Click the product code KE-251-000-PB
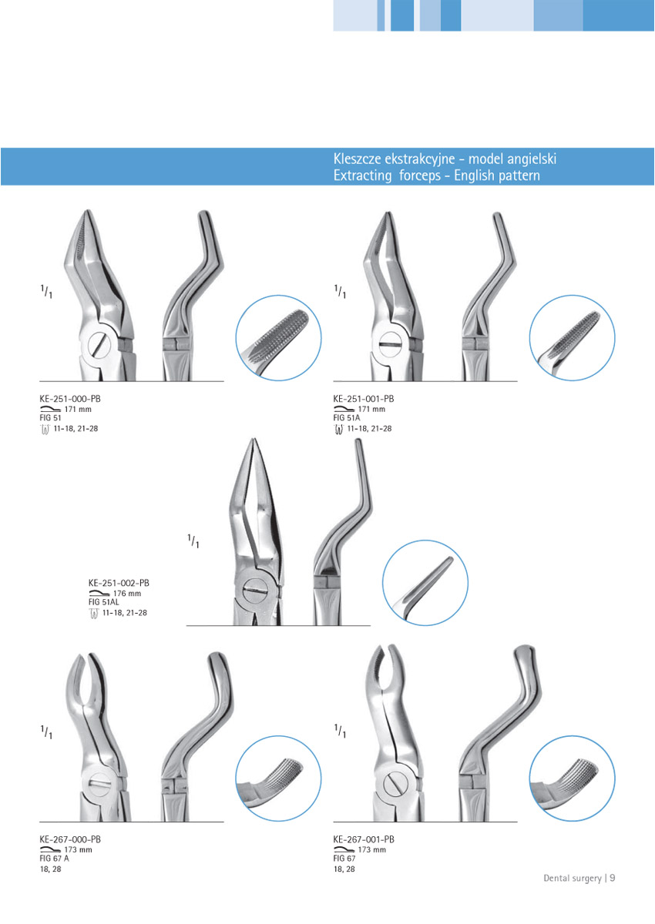point(70,399)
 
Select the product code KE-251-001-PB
point(364,399)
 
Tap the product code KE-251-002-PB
point(119,584)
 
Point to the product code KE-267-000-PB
point(70,839)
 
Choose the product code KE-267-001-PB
point(364,839)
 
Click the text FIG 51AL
point(106,603)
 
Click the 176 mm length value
point(127,594)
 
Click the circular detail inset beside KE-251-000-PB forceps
point(278,337)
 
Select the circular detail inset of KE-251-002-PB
point(425,582)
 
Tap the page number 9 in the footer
point(613,878)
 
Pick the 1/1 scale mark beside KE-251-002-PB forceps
point(193,541)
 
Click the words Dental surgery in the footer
point(573,878)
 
